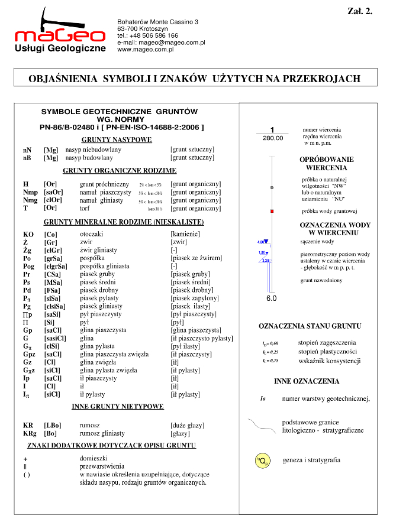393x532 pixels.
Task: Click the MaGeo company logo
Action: (x=59, y=33)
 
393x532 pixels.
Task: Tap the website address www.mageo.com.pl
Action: (x=146, y=50)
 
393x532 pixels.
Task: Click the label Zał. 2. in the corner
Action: (x=359, y=11)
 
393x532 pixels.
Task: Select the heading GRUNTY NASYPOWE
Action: (x=117, y=140)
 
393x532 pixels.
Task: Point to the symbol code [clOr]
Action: (x=53, y=200)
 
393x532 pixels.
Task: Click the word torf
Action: (x=85, y=208)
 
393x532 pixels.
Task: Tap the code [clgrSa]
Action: (x=55, y=266)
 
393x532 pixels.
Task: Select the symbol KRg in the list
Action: (x=29, y=433)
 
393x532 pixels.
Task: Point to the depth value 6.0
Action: (x=271, y=299)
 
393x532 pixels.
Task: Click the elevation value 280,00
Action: (x=272, y=138)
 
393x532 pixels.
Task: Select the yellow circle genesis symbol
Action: (x=260, y=460)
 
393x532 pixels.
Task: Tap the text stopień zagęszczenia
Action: (x=327, y=342)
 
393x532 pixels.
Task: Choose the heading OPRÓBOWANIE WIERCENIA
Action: (x=327, y=164)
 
